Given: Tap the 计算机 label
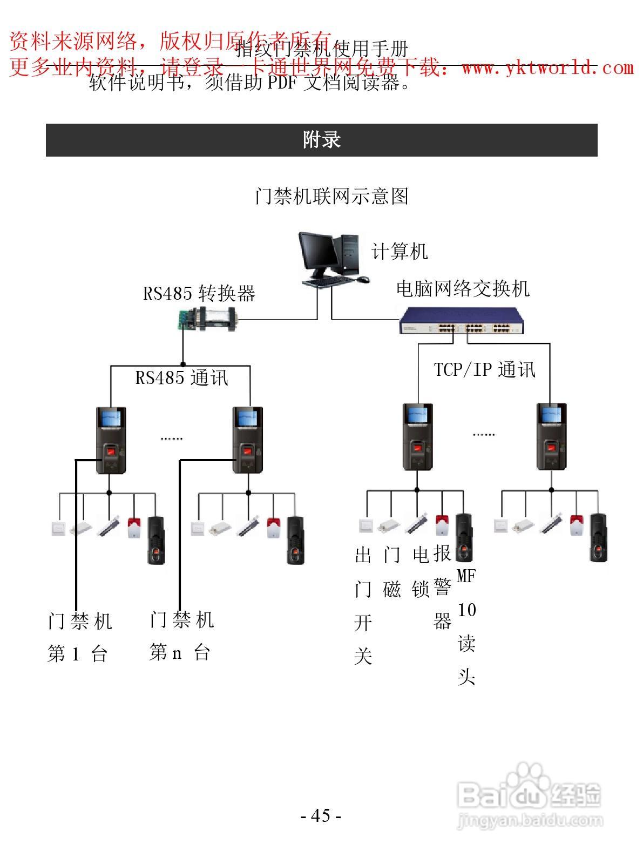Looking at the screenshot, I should pyautogui.click(x=400, y=251).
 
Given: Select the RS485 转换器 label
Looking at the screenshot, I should pyautogui.click(x=199, y=293).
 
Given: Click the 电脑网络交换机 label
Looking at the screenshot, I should pyautogui.click(x=463, y=289).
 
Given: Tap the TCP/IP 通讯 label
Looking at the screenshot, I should pyautogui.click(x=484, y=369).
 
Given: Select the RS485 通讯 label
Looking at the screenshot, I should pyautogui.click(x=182, y=377).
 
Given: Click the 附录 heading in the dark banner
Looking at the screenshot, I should pyautogui.click(x=321, y=140).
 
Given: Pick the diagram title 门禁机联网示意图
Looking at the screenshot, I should pyautogui.click(x=331, y=196).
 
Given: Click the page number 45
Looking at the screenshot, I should pyautogui.click(x=321, y=815).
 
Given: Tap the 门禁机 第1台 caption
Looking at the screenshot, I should pyautogui.click(x=79, y=637).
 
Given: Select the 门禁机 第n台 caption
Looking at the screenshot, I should pyautogui.click(x=181, y=636).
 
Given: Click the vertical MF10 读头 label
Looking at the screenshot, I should pyautogui.click(x=466, y=626).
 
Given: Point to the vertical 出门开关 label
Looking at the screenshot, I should pyautogui.click(x=363, y=606).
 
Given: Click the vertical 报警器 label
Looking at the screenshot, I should pyautogui.click(x=442, y=588).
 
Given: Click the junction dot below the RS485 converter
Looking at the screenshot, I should pyautogui.click(x=183, y=365).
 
